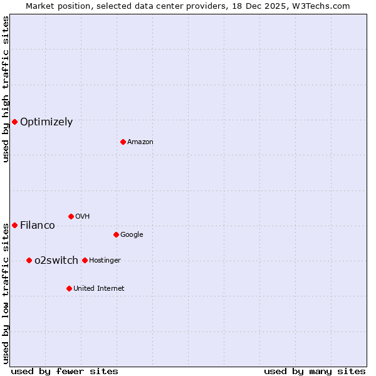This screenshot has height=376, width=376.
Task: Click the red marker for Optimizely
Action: click(x=14, y=122)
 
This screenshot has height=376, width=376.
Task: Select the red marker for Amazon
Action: click(x=123, y=142)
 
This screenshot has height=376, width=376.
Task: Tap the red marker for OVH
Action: click(x=71, y=216)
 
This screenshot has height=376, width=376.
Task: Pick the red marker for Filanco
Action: click(x=14, y=225)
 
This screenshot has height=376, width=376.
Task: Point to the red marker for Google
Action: click(x=116, y=234)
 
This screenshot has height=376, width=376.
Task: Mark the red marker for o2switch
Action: click(x=29, y=260)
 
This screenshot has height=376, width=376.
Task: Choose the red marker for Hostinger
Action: click(x=85, y=260)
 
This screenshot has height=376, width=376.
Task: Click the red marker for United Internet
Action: click(x=69, y=288)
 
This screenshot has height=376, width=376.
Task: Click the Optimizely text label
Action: click(x=46, y=122)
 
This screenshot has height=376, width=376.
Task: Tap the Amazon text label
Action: click(x=140, y=142)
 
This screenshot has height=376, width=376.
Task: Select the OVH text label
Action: click(x=83, y=217)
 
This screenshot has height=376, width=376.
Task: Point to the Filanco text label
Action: click(x=38, y=226)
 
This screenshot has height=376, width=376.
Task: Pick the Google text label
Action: click(x=132, y=235)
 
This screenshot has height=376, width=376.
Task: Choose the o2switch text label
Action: click(x=56, y=261)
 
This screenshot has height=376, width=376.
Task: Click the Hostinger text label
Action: click(x=105, y=261)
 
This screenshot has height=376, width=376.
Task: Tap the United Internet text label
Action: click(x=99, y=289)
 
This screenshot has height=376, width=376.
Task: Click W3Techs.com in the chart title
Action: click(x=319, y=6)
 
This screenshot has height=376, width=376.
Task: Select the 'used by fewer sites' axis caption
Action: click(x=65, y=371)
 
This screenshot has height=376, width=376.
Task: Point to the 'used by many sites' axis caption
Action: click(x=315, y=371)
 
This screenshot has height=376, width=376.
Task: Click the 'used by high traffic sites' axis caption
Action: click(x=6, y=89)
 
